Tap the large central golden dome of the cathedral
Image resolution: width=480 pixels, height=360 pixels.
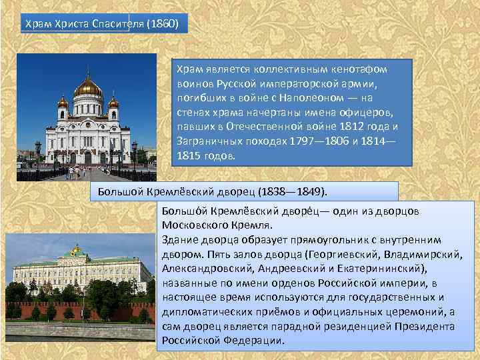click(x=87, y=86)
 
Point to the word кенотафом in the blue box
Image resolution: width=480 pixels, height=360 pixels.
click(x=364, y=69)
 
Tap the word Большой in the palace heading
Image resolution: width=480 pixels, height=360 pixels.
click(x=117, y=192)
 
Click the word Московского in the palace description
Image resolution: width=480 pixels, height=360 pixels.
click(x=193, y=225)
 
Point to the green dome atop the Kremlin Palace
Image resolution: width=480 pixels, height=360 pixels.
click(x=77, y=251)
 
